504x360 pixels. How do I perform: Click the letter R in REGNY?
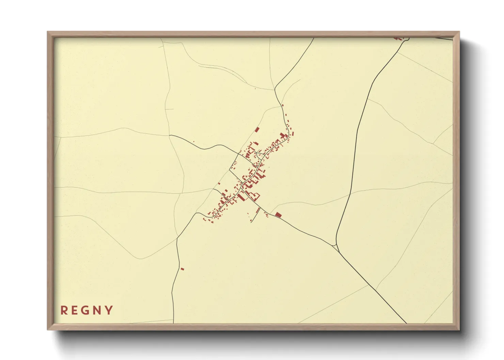point(63,310)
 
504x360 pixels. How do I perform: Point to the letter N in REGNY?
point(97,310)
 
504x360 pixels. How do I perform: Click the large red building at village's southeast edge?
point(278,215)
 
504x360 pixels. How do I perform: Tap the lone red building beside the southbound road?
point(182,269)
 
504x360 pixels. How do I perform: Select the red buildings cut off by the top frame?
point(398,38)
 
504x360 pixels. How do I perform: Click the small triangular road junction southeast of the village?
point(336,246)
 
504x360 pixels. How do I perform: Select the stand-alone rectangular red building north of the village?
point(257,129)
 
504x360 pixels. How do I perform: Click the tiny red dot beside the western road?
point(194,142)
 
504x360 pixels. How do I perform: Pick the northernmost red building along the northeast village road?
point(283,105)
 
